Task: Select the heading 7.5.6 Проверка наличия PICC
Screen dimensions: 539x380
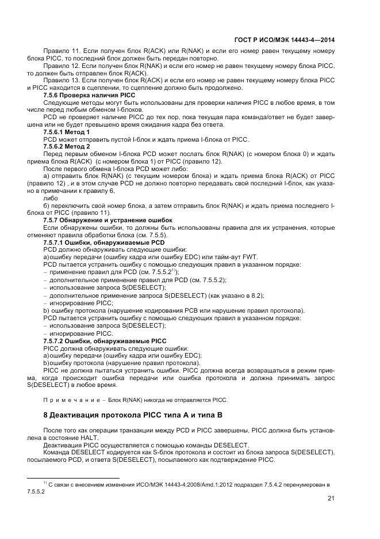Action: (x=89, y=94)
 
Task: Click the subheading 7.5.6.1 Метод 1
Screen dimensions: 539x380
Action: (x=67, y=132)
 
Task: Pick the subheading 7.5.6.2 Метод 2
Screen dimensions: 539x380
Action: (x=67, y=146)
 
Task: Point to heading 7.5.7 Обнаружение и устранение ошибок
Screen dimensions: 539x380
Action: (x=108, y=220)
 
